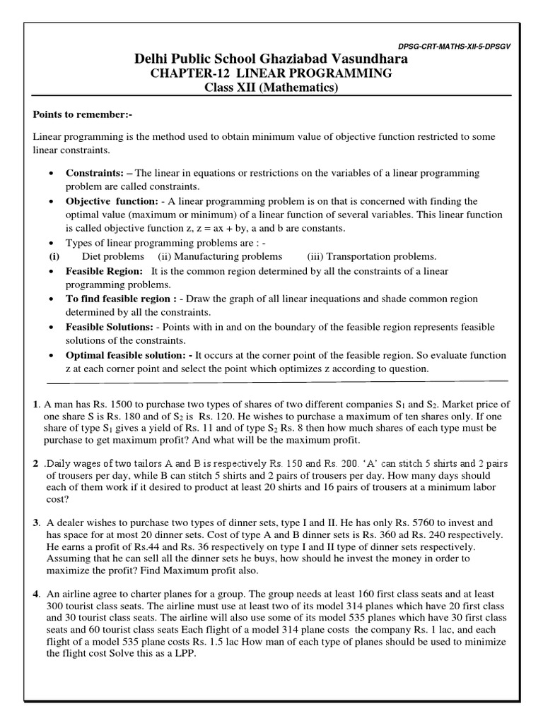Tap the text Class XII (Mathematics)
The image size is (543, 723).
271,88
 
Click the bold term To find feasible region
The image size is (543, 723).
119,299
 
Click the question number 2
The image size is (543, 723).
35,462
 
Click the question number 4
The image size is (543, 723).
35,594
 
